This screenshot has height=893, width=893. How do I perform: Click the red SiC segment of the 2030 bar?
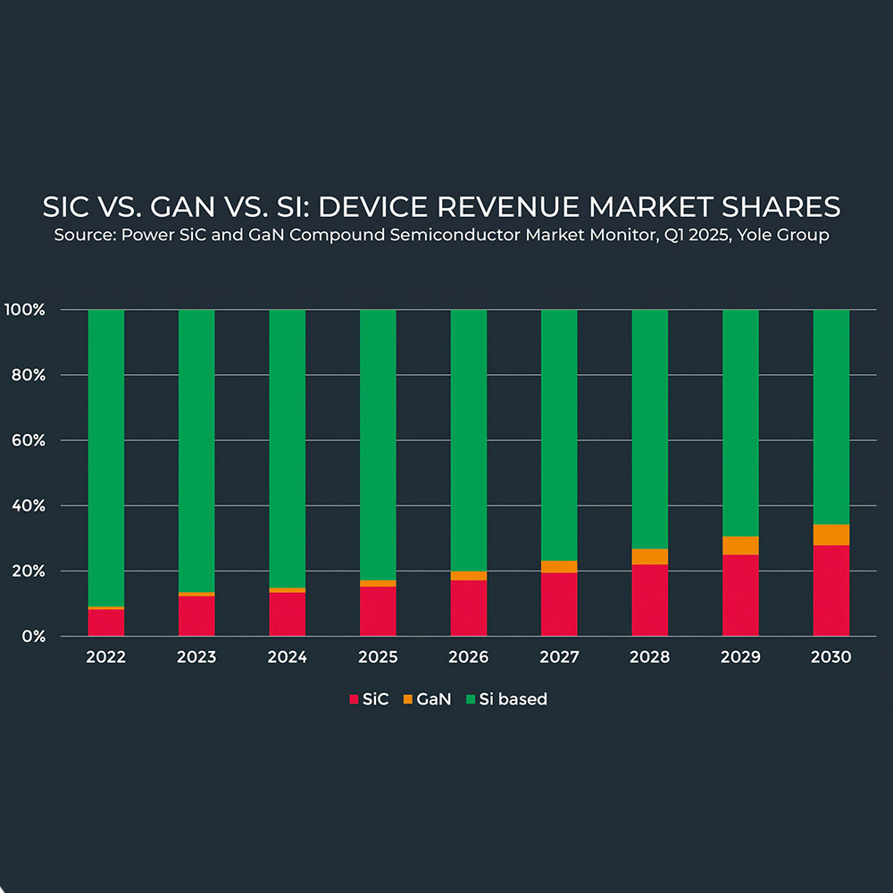click(830, 590)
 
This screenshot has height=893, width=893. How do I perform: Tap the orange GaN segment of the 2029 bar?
click(740, 546)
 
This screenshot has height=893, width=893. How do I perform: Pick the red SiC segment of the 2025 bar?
click(378, 611)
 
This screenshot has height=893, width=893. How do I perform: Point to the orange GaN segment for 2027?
click(559, 566)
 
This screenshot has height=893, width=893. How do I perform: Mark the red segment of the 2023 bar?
click(196, 615)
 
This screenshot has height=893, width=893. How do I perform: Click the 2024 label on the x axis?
click(287, 657)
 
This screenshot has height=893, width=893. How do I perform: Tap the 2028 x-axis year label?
click(649, 657)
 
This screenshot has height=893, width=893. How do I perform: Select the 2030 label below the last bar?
click(830, 657)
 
